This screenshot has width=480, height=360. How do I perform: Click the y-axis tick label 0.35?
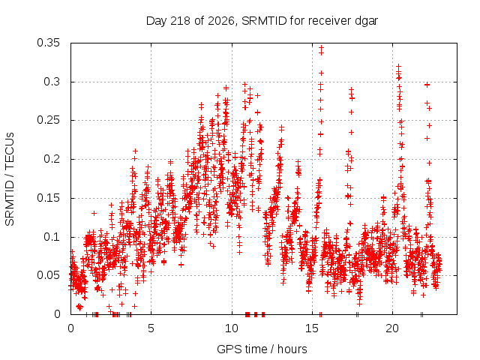[48, 43]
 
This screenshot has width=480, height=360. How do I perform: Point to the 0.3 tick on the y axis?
[52, 82]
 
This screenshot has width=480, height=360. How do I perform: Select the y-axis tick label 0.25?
[48, 120]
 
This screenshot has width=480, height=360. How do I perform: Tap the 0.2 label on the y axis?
[52, 159]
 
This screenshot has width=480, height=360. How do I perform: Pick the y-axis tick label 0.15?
[48, 198]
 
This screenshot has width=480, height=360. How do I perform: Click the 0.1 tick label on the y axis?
[52, 237]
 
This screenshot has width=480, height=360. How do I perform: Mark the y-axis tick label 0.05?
[48, 275]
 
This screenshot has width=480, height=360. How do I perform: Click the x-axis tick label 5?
[151, 328]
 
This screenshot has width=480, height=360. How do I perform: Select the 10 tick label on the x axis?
[232, 328]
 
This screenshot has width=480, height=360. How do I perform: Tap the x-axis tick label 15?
[312, 328]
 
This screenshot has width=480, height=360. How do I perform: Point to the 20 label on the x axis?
[392, 328]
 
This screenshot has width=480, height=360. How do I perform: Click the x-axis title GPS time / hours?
[262, 349]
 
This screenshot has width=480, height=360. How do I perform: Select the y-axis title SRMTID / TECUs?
[10, 179]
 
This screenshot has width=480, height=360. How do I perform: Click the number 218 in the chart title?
[181, 21]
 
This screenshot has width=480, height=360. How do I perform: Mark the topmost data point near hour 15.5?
[321, 48]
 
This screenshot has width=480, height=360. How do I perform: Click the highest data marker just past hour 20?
[398, 67]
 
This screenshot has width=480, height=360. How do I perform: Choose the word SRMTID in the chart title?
[264, 21]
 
